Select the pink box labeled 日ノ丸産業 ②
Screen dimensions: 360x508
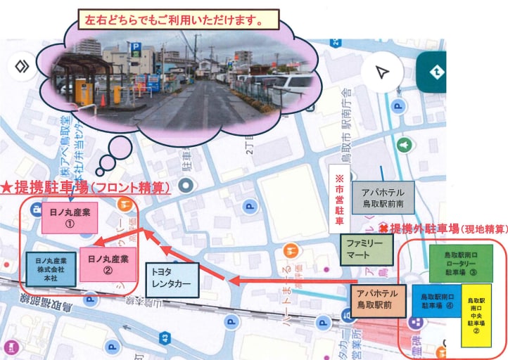click(x=108, y=264)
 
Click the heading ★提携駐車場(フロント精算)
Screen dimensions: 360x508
click(x=84, y=188)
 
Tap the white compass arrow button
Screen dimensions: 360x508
click(x=381, y=72)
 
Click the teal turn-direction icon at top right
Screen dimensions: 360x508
click(x=435, y=71)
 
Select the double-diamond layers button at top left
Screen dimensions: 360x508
click(x=23, y=67)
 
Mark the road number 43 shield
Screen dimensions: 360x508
click(x=163, y=339)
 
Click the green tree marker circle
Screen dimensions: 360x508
click(x=404, y=144)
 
